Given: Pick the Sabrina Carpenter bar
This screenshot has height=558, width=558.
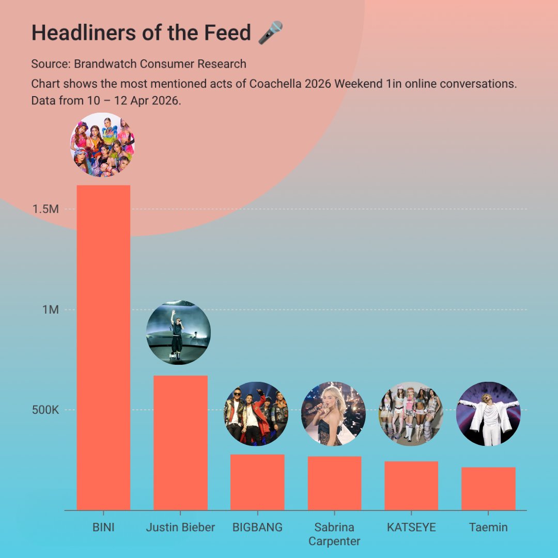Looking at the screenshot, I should pyautogui.click(x=334, y=483).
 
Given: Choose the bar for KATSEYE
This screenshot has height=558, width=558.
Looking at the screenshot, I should pyautogui.click(x=411, y=486).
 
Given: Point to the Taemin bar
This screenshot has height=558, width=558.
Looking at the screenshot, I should pyautogui.click(x=488, y=489).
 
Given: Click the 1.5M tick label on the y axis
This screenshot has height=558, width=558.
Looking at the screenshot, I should pyautogui.click(x=45, y=209).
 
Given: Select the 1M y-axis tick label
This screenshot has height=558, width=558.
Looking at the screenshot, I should pyautogui.click(x=50, y=310).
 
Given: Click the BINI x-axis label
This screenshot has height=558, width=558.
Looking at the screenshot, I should pyautogui.click(x=103, y=528).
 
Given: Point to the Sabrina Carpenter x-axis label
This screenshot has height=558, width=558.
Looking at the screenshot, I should pyautogui.click(x=334, y=534).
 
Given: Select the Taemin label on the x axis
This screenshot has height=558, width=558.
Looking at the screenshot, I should pyautogui.click(x=488, y=528).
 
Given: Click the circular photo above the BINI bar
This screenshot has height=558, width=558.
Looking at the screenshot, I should pyautogui.click(x=102, y=145).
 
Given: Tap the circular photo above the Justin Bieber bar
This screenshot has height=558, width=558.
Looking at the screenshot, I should pyautogui.click(x=178, y=332).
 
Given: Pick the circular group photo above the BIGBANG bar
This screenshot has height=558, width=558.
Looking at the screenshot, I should pyautogui.click(x=256, y=414).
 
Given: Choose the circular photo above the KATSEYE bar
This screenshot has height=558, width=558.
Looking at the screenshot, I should pyautogui.click(x=411, y=414).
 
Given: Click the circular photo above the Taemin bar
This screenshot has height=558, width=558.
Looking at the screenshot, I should pyautogui.click(x=488, y=414).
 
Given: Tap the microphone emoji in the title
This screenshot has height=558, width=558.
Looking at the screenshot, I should pyautogui.click(x=270, y=33).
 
